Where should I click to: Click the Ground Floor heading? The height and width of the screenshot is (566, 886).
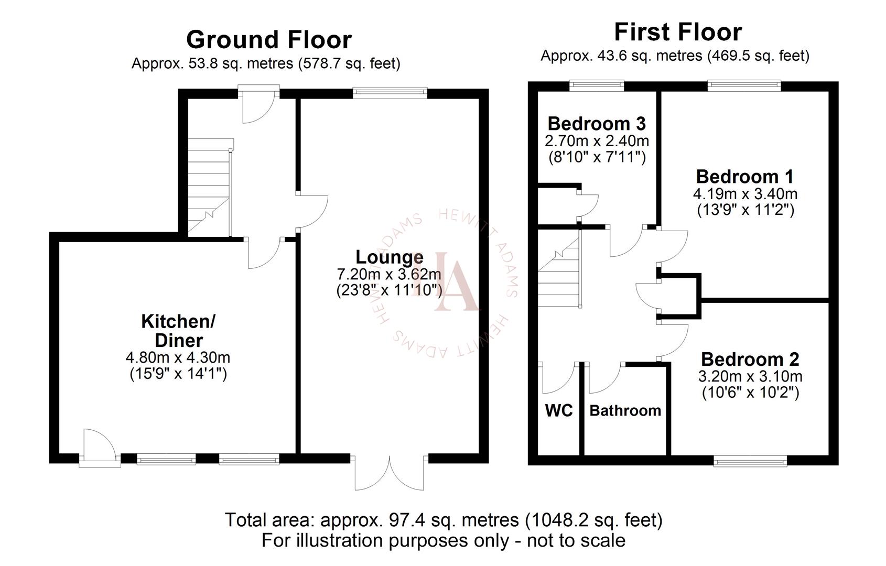(269, 40)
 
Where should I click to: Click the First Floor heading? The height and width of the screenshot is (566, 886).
(678, 32)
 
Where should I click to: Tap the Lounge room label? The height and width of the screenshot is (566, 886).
(389, 257)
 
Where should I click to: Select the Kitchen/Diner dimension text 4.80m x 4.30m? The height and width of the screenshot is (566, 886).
(178, 358)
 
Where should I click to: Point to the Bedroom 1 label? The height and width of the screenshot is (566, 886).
(744, 176)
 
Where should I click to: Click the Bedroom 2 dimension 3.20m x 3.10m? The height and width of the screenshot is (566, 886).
(750, 376)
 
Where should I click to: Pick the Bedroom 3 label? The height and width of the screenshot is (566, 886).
(597, 124)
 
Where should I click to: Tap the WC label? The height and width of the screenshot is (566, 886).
(559, 410)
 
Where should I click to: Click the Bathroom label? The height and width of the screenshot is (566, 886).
(625, 410)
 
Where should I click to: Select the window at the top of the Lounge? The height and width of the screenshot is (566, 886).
(390, 93)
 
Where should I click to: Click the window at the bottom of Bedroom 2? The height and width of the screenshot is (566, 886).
(750, 461)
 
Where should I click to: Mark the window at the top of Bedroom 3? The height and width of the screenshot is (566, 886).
(597, 85)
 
